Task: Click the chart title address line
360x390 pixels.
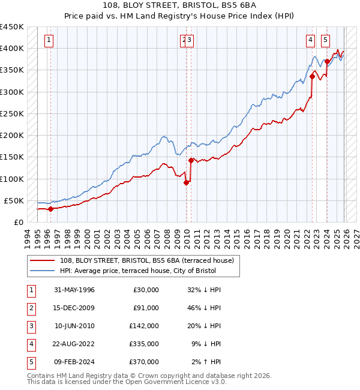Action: [180, 5]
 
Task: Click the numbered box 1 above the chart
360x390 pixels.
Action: [49, 40]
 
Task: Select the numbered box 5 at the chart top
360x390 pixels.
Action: [325, 40]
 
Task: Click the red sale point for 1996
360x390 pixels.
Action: [50, 209]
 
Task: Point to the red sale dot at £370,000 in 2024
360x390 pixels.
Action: [327, 61]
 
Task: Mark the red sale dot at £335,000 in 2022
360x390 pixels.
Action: [313, 76]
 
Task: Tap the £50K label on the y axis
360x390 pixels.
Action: [14, 200]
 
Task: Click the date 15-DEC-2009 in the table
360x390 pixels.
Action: [74, 308]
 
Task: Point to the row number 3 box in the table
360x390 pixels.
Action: [30, 326]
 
